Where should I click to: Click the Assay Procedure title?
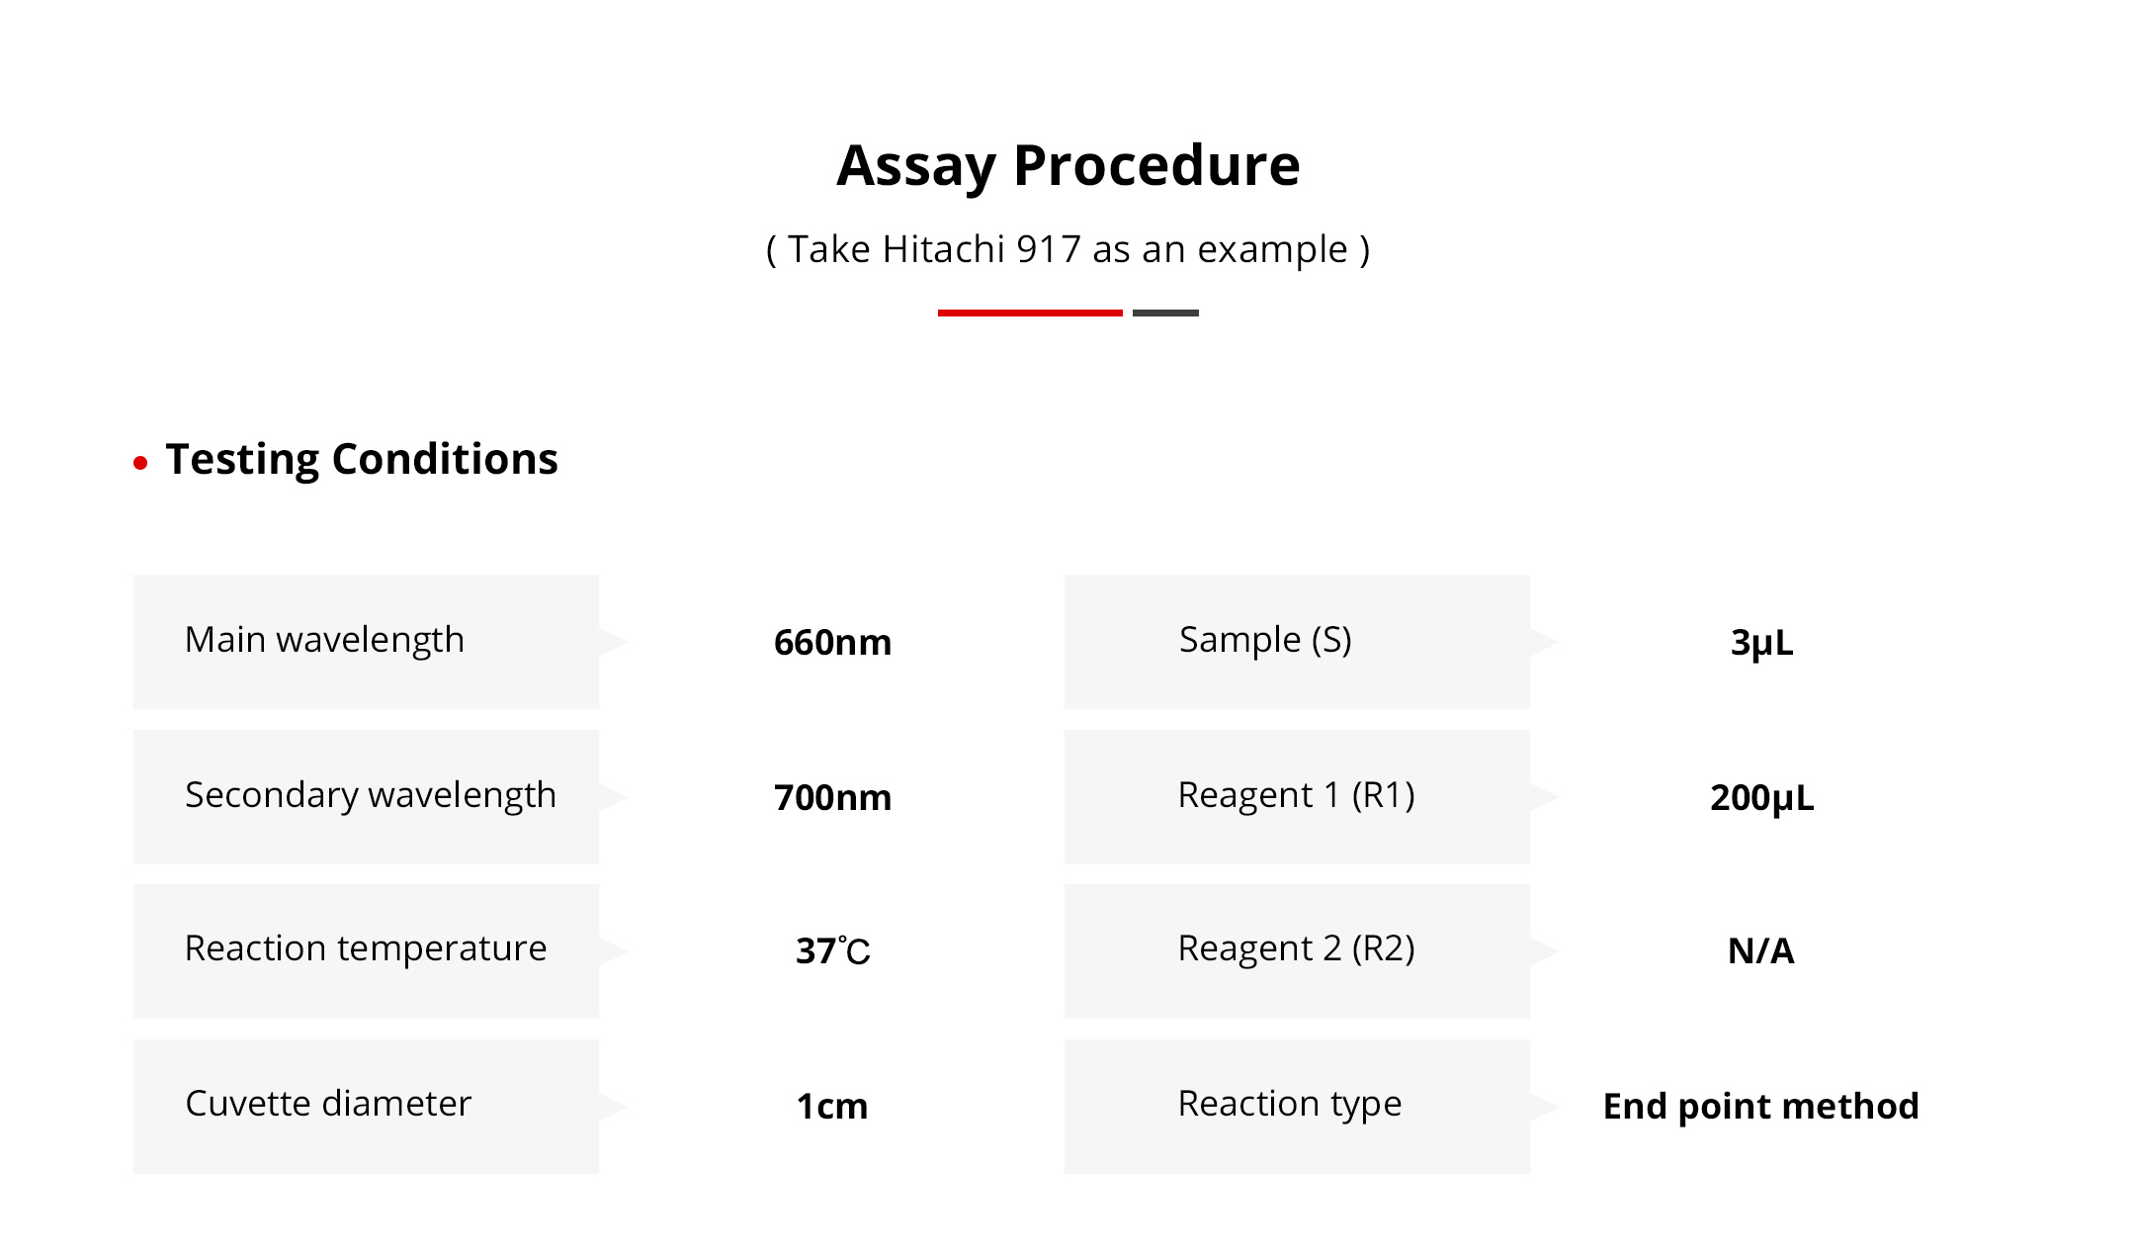click(1067, 166)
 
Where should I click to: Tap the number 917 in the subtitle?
click(1048, 249)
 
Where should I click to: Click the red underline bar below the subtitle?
click(1030, 313)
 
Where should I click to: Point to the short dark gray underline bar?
click(1165, 313)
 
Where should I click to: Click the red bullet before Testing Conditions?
click(140, 462)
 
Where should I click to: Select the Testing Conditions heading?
click(362, 460)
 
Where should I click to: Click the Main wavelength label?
click(324, 641)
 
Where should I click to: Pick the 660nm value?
click(832, 643)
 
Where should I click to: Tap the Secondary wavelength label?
click(371, 796)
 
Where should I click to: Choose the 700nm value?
click(832, 798)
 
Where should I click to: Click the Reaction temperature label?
click(366, 949)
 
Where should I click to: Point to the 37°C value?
click(832, 951)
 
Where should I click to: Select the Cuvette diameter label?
click(328, 1104)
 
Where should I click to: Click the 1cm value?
click(832, 1107)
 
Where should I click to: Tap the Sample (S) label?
click(1265, 641)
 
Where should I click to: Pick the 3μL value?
click(1761, 644)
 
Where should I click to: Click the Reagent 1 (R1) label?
click(1297, 796)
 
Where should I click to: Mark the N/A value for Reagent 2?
click(1761, 951)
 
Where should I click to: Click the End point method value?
click(1761, 1107)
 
